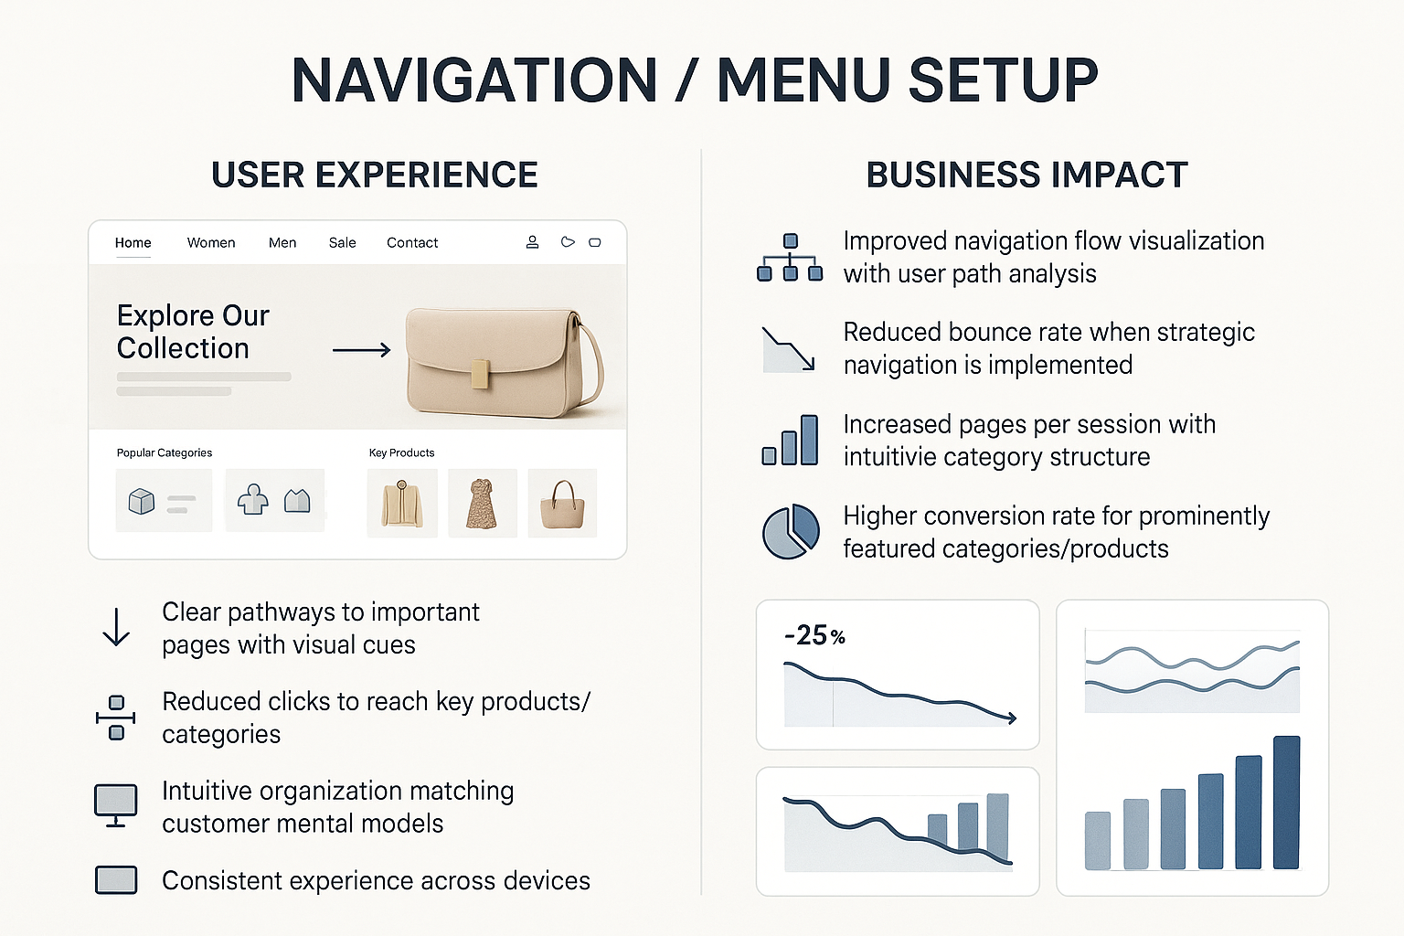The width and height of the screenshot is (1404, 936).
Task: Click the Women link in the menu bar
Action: point(211,242)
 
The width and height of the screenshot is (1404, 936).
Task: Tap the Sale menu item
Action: point(342,242)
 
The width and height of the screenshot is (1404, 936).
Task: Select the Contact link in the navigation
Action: point(412,242)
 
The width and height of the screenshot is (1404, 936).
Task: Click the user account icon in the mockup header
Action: point(532,242)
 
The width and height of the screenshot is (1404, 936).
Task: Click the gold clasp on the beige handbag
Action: point(481,374)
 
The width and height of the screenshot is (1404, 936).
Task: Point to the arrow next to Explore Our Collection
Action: point(362,350)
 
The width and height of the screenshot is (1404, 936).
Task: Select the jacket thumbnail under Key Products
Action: point(402,504)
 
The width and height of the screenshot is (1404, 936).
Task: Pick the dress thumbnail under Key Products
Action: point(482,504)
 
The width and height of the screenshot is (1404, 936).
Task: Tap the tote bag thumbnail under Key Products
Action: point(562,504)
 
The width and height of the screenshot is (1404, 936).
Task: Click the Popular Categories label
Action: point(165,452)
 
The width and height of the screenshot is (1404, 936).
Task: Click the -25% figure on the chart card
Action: point(814,635)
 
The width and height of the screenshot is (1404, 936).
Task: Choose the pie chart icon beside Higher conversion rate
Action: point(791,531)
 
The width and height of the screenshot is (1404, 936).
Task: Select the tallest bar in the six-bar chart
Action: point(1286,802)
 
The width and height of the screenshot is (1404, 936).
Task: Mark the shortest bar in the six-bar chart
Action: point(1098,840)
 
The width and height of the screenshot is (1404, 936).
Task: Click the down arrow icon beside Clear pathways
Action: point(116,626)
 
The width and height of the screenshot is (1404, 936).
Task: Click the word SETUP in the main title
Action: point(1004,80)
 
